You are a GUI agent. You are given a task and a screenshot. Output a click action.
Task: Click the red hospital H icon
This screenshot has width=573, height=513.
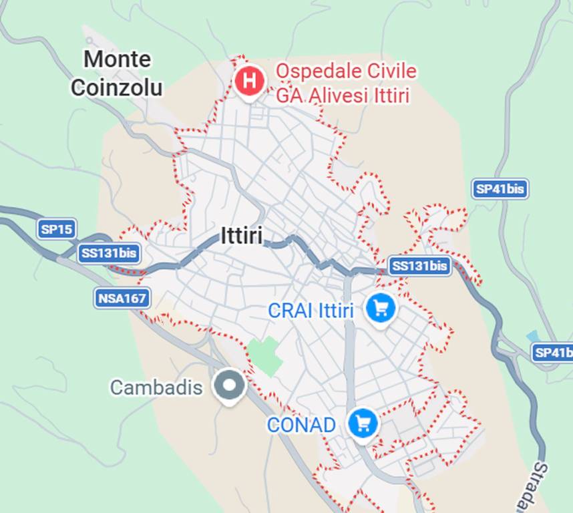249,81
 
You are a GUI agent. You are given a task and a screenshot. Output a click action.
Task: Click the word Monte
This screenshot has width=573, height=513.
118,59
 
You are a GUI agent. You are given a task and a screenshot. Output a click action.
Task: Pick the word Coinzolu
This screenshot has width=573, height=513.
117,88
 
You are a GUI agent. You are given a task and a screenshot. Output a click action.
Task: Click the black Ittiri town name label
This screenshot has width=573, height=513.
241,235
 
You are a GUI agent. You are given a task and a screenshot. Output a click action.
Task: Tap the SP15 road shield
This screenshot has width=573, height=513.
57,229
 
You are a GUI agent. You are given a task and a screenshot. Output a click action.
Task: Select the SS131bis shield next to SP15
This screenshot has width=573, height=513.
109,253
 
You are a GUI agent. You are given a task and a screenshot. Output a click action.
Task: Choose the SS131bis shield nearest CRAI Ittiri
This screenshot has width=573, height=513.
419,265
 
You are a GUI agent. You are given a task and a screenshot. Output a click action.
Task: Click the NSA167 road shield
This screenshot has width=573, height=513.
122,298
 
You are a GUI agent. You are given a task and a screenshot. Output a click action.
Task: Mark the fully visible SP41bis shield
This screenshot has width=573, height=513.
500,189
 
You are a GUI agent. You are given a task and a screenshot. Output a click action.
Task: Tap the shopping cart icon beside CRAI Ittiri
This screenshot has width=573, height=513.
381,308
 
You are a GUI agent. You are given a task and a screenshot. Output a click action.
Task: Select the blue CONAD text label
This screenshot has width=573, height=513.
301,425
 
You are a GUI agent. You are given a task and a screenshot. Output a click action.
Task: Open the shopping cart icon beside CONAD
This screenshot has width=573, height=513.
363,423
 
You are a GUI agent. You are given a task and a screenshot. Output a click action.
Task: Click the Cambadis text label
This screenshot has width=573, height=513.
156,387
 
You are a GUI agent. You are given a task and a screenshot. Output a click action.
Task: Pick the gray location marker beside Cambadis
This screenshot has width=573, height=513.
229,385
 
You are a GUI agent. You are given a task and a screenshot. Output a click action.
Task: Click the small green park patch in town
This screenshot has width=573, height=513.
266,355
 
